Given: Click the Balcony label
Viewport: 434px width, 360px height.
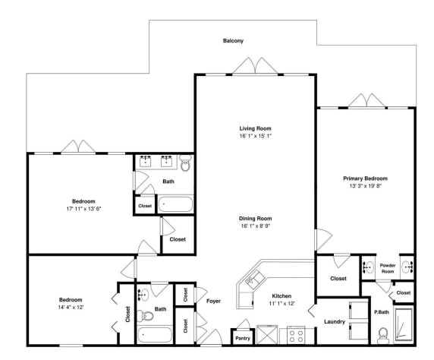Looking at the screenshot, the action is click(x=233, y=41).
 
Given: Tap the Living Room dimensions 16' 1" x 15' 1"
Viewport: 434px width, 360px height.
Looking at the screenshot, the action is click(x=255, y=136).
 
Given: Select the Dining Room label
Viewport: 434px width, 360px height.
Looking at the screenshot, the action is click(x=255, y=219).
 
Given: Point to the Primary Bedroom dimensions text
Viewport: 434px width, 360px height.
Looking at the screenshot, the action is click(x=366, y=186).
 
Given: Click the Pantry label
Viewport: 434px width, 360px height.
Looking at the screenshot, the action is click(x=243, y=339).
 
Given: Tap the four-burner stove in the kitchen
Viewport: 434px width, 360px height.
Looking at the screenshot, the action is click(x=296, y=336).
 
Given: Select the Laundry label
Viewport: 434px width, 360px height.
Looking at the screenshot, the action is click(x=335, y=322).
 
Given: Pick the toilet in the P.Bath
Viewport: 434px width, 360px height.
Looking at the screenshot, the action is click(x=383, y=336).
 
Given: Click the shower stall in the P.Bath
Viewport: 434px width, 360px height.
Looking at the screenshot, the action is click(x=404, y=324).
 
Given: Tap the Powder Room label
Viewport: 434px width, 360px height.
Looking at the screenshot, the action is click(x=388, y=269).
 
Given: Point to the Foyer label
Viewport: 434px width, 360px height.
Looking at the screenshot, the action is click(x=213, y=301).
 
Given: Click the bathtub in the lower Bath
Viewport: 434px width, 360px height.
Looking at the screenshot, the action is click(x=155, y=335).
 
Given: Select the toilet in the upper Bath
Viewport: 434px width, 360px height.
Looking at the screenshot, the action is click(x=185, y=163).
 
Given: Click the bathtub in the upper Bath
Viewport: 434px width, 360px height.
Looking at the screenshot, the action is click(x=175, y=204).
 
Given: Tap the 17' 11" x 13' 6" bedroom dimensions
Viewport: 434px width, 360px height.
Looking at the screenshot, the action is click(x=83, y=209).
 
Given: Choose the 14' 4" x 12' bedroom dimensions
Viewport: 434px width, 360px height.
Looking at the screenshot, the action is click(x=71, y=308).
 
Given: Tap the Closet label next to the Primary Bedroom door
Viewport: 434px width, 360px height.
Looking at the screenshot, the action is click(x=338, y=278).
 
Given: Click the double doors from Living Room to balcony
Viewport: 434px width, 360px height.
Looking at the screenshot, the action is click(x=255, y=67).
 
